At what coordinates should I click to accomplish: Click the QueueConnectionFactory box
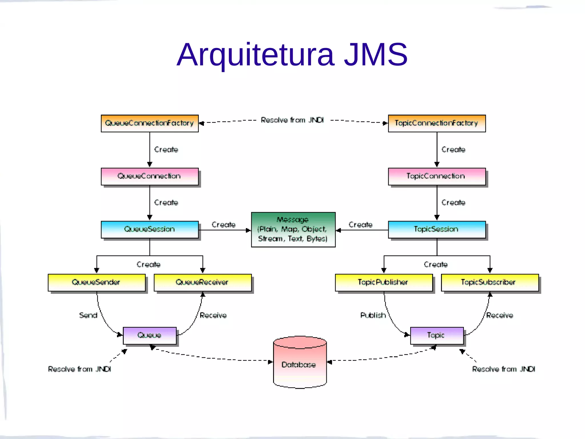point(149,123)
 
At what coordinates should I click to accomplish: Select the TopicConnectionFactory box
point(436,123)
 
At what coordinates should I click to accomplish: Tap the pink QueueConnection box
point(149,176)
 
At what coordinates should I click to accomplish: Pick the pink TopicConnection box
point(436,176)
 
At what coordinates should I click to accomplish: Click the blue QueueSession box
point(149,229)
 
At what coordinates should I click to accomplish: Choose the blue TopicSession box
point(436,229)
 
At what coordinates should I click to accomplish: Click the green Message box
point(293,230)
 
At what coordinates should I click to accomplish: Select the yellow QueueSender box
point(97,282)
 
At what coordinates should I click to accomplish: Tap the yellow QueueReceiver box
point(202,282)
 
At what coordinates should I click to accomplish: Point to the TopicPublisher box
point(383,282)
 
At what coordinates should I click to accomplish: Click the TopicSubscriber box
point(490,282)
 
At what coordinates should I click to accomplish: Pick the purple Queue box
point(149,335)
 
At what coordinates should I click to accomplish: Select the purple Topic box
point(436,335)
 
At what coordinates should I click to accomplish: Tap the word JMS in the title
point(375,55)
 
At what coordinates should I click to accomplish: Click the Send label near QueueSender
point(88,315)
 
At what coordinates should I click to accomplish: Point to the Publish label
point(373,315)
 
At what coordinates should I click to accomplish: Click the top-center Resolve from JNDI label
point(292,120)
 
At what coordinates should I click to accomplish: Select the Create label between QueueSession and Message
point(223,225)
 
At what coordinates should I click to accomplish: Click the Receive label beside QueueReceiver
point(213,315)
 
